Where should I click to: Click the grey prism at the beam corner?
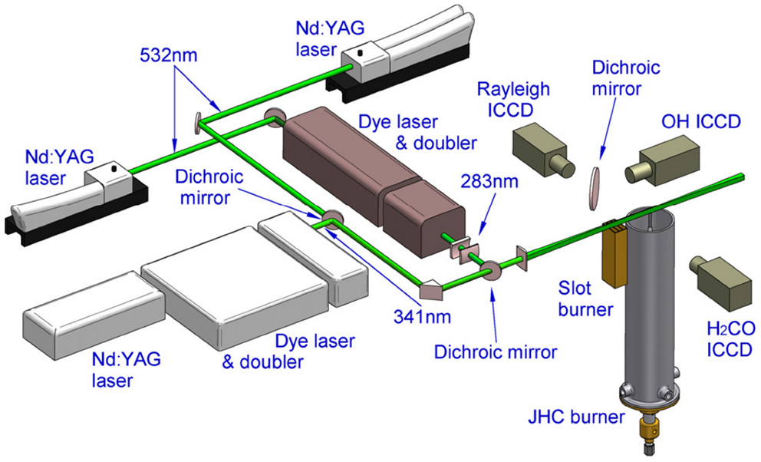[432, 290]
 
